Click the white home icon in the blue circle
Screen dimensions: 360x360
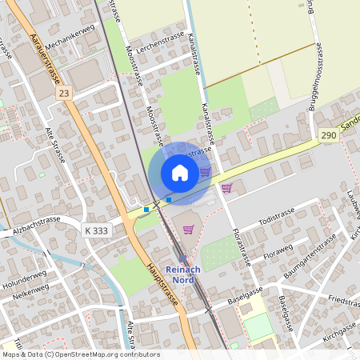pyautogui.click(x=180, y=172)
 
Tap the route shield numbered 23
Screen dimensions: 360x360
pyautogui.click(x=63, y=94)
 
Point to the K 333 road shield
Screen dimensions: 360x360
pyautogui.click(x=95, y=230)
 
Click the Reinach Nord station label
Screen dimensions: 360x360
pyautogui.click(x=182, y=274)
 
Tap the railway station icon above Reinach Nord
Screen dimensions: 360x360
pyautogui.click(x=182, y=259)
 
